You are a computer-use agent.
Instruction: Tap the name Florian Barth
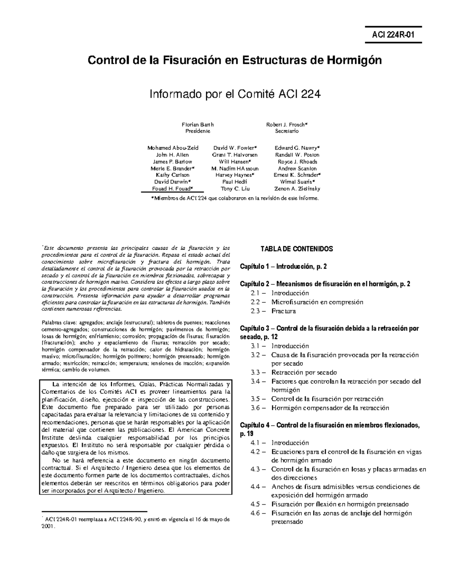click(x=198, y=124)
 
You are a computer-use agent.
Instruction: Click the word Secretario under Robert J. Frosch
click(x=287, y=131)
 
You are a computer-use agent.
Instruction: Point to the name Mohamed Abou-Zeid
click(x=173, y=148)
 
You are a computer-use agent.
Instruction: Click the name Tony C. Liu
click(x=235, y=189)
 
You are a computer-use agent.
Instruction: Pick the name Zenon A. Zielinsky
click(x=297, y=189)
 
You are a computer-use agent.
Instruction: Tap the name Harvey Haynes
click(x=235, y=175)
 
